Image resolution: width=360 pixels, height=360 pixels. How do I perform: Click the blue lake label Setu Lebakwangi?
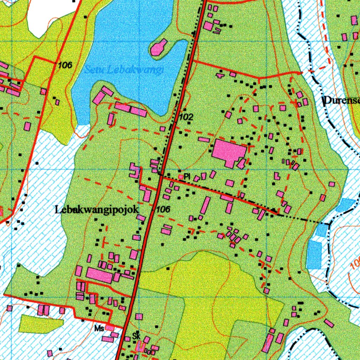pyautogui.click(x=124, y=70)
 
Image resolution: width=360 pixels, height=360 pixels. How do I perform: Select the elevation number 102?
pyautogui.click(x=186, y=117)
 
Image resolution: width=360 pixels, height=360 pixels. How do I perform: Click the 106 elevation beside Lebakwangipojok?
pyautogui.click(x=163, y=210)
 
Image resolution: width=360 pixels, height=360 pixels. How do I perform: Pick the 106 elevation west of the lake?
pyautogui.click(x=65, y=65)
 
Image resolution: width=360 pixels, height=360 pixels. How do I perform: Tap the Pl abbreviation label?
pyautogui.click(x=187, y=177)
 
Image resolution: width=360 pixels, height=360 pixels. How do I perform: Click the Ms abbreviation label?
pyautogui.click(x=99, y=328)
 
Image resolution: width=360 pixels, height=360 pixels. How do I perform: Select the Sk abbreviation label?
pyautogui.click(x=136, y=336)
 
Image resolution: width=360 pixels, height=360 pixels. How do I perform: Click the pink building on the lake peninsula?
pyautogui.click(x=159, y=47)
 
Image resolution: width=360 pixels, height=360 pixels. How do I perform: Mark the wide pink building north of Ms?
pyautogui.click(x=99, y=275)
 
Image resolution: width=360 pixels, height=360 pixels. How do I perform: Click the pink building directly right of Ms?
pyautogui.click(x=110, y=328)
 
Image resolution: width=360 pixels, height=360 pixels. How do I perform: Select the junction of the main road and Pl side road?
pyautogui.click(x=161, y=176)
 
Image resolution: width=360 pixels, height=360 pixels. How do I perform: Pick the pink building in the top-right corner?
pyautogui.click(x=354, y=20)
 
